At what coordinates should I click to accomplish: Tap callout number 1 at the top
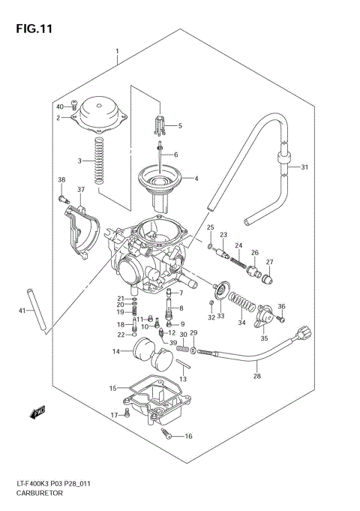[118, 51]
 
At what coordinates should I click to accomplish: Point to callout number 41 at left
[22, 311]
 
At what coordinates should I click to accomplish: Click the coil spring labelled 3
[99, 161]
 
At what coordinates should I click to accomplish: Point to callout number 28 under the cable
[257, 377]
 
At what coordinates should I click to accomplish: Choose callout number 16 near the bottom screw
[188, 436]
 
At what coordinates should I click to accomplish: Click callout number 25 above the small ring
[211, 227]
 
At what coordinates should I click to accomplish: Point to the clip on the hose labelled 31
[283, 158]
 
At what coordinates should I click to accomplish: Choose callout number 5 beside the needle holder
[180, 125]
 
